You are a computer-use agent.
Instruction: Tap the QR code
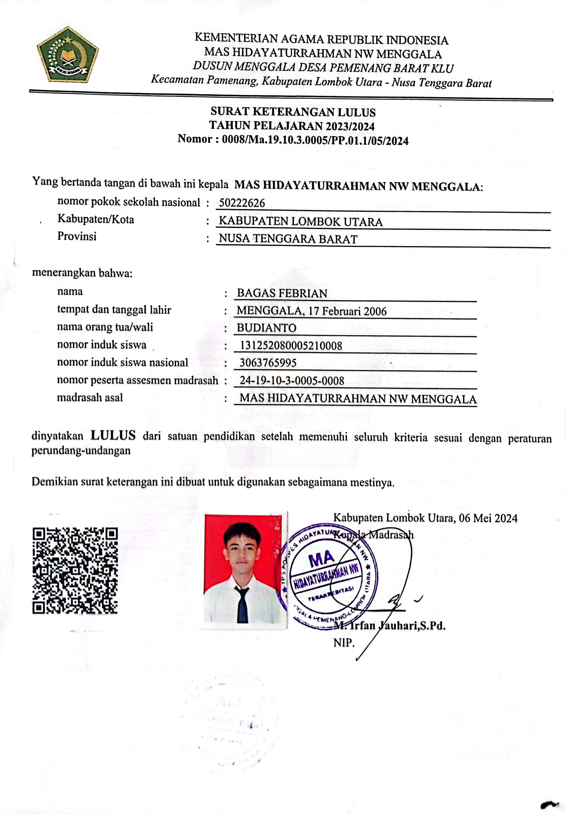(75, 571)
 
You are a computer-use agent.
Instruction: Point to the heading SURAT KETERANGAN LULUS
(293, 112)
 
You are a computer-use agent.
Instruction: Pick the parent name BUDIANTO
(266, 328)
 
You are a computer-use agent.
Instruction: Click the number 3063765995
(268, 362)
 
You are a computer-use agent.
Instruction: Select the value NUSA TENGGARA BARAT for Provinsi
(288, 239)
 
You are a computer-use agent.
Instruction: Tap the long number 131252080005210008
(291, 346)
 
